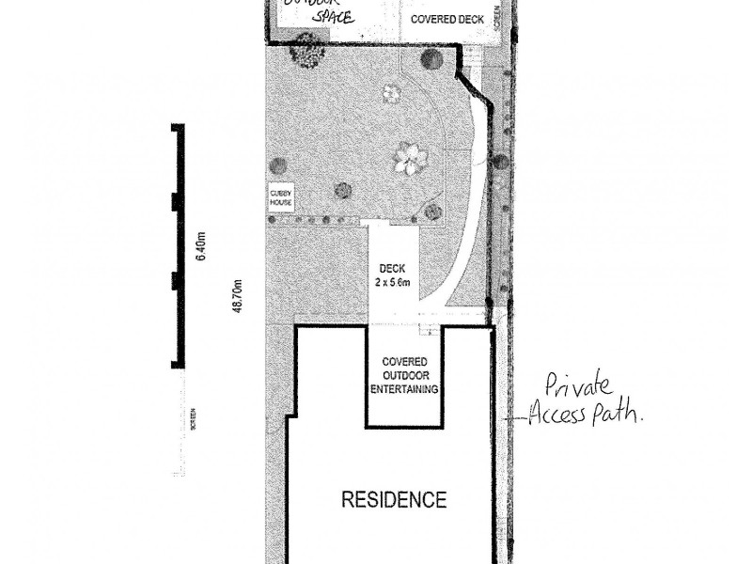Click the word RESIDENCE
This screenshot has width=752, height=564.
click(x=393, y=499)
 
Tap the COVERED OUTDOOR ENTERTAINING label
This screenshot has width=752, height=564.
click(x=404, y=375)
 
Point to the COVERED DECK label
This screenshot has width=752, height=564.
click(x=446, y=19)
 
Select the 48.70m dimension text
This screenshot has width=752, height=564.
click(x=238, y=295)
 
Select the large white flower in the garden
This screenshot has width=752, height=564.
click(x=410, y=158)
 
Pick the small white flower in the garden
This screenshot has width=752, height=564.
click(x=391, y=93)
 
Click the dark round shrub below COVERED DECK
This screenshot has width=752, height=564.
click(x=431, y=58)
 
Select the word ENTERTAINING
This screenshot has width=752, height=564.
click(x=404, y=388)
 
